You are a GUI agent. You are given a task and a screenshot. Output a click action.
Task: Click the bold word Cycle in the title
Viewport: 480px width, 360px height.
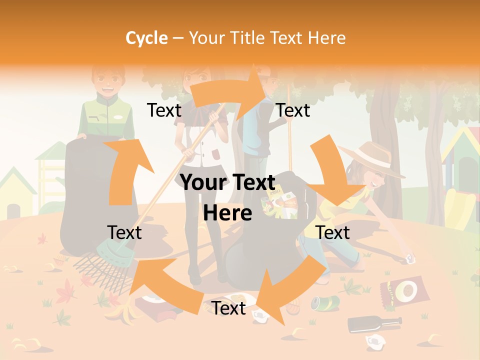(146, 38)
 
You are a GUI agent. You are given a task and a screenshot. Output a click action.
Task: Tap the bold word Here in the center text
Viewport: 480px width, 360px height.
(227, 213)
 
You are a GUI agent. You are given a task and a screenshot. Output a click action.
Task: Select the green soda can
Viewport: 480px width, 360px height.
(325, 302)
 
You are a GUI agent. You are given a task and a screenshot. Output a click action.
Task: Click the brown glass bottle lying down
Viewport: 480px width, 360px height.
(375, 323)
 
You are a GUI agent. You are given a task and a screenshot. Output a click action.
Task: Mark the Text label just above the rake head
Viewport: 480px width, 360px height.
(124, 232)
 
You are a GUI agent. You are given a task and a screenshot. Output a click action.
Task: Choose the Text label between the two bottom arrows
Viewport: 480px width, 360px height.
(228, 308)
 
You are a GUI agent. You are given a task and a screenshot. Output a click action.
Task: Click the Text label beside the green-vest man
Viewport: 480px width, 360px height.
(164, 110)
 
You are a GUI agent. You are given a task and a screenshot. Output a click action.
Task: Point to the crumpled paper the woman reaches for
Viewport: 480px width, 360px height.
(410, 258)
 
